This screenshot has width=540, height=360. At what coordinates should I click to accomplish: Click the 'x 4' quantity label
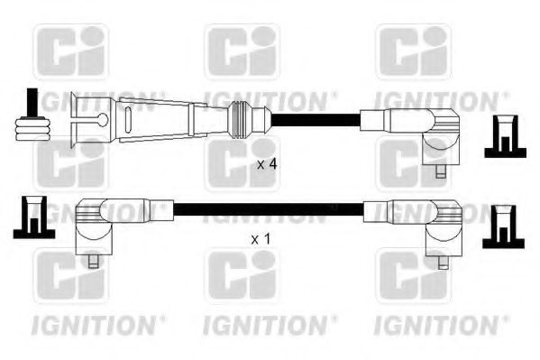[x=266, y=165]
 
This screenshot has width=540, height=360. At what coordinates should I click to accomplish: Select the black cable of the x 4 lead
[x=316, y=118]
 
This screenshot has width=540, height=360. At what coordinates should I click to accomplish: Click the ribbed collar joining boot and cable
[x=239, y=117]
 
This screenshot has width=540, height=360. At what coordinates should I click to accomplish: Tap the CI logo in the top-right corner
[x=412, y=51]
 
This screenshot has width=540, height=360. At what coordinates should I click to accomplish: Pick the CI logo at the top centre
[x=241, y=51]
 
